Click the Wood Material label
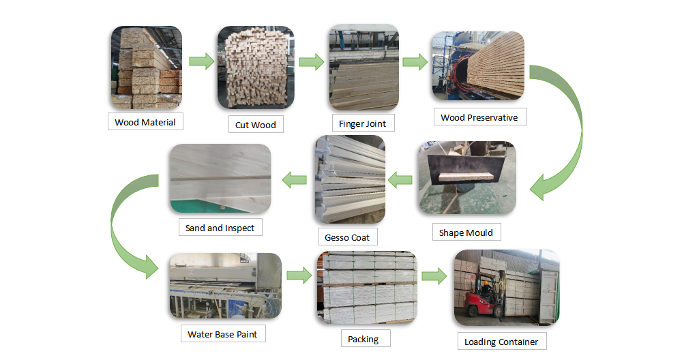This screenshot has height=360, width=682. click(x=145, y=123)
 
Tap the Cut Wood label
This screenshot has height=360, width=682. click(x=255, y=125)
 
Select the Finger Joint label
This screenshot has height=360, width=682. click(x=362, y=124)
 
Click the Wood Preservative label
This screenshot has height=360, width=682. click(x=479, y=117)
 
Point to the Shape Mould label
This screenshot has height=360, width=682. click(x=466, y=232)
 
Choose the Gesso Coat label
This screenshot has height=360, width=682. click(x=347, y=237)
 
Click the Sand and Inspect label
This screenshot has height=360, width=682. click(x=220, y=228)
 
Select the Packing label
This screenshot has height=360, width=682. click(x=363, y=339)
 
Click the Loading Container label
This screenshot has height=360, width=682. click(x=501, y=342)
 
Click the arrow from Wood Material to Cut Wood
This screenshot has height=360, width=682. click(x=199, y=62)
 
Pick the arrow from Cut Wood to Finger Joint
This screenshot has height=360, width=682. click(x=310, y=62)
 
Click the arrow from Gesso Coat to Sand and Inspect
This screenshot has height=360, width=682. click(x=294, y=180)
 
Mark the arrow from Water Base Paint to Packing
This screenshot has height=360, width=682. click(x=298, y=275)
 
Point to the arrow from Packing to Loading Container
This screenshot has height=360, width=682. click(x=433, y=276)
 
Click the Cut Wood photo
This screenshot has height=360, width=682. click(x=256, y=67)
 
